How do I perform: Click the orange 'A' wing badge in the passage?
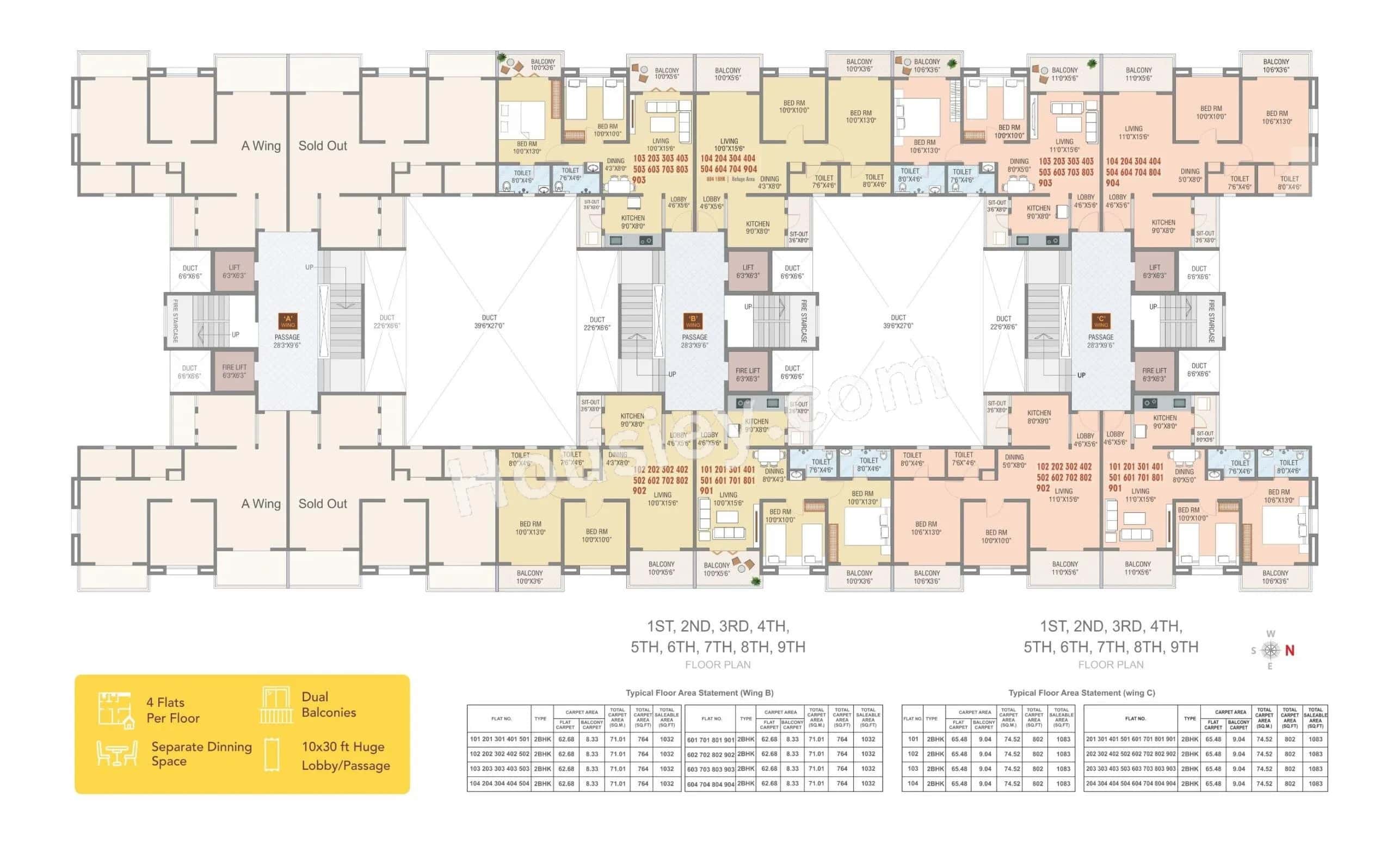tap(287, 321)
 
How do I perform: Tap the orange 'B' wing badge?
tap(693, 321)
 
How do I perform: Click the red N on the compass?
tap(1290, 651)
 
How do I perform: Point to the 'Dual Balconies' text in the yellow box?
tap(328, 704)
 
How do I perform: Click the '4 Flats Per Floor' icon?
tap(116, 710)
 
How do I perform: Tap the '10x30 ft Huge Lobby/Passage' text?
tap(346, 756)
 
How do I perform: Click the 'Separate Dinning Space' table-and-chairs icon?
tap(116, 754)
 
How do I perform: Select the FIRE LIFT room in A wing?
tap(234, 371)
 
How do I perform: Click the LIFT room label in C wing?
tap(1155, 271)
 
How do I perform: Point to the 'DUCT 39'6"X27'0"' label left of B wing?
tap(489, 322)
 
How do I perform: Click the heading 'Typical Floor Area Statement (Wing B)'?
tap(699, 693)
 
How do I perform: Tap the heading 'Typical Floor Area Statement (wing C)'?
tap(1081, 693)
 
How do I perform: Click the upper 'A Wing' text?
tap(261, 146)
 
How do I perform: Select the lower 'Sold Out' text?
tap(323, 504)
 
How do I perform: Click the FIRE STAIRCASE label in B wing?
tap(804, 321)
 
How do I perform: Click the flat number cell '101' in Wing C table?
tap(913, 739)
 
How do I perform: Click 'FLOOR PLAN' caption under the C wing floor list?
tap(1110, 664)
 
